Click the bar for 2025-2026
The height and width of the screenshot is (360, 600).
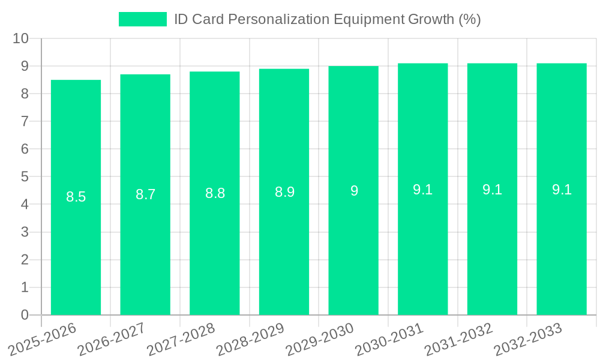[76, 252]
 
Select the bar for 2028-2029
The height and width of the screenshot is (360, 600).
[284, 252]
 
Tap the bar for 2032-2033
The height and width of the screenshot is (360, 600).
[562, 252]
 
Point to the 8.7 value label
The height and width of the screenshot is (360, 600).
[145, 194]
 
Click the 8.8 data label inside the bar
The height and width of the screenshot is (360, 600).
[215, 193]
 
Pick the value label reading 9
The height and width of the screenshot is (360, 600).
[354, 191]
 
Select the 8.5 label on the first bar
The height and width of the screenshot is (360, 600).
[76, 197]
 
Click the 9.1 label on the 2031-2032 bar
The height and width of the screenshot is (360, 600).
[492, 190]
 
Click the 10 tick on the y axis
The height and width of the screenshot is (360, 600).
[21, 38]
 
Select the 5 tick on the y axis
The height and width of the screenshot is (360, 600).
[25, 176]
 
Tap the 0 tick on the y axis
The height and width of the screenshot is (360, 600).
[25, 315]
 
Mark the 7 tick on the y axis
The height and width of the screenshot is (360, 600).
[25, 121]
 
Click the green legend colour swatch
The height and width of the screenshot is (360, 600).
[143, 19]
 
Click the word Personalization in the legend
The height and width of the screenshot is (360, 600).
[278, 19]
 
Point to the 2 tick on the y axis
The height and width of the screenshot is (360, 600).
[25, 260]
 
